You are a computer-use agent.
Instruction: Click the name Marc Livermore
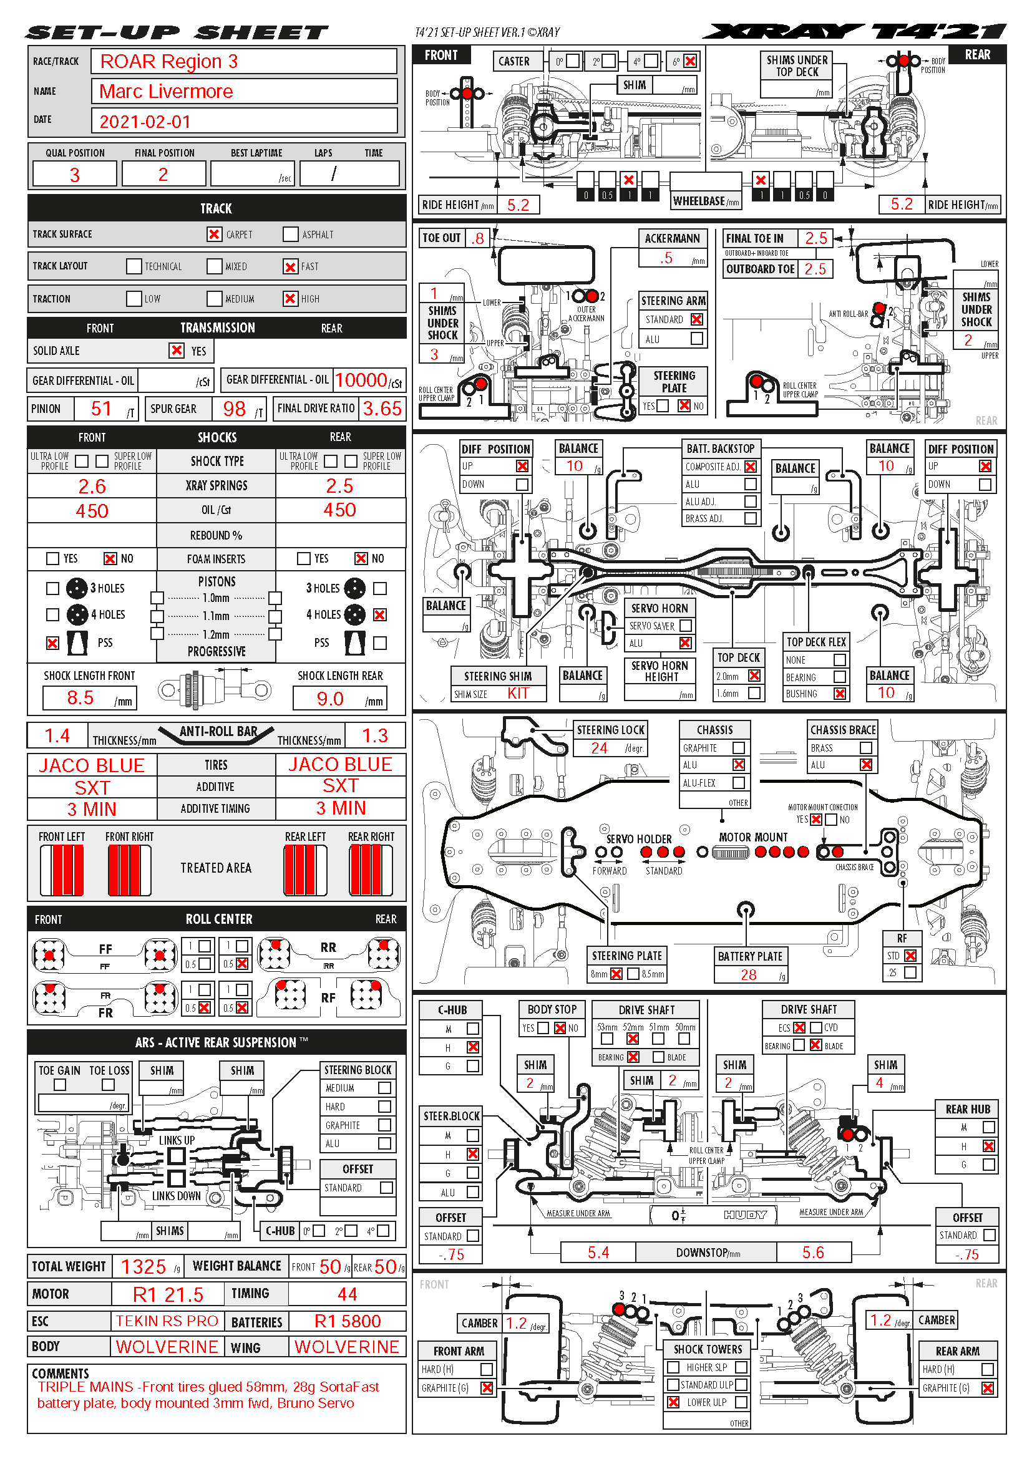click(x=166, y=92)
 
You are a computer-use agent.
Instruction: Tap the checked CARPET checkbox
click(x=214, y=235)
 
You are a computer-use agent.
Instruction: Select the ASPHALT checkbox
click(x=290, y=235)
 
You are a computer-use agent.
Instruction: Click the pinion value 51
click(x=101, y=409)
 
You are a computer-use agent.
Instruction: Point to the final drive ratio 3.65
click(x=382, y=409)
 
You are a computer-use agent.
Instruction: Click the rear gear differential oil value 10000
click(x=361, y=380)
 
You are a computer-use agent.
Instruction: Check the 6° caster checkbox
click(x=690, y=61)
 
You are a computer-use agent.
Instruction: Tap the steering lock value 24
click(x=598, y=748)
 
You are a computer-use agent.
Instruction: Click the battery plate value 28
click(x=749, y=975)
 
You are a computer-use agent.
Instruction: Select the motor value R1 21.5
click(x=168, y=1294)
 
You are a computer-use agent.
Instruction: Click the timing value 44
click(x=347, y=1294)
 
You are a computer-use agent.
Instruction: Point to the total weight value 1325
click(x=143, y=1266)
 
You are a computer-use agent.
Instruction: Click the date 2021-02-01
click(x=145, y=122)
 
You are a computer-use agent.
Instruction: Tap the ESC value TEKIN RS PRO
click(x=167, y=1321)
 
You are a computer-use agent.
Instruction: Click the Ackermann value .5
click(x=665, y=258)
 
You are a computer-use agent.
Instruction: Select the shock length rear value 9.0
click(x=330, y=699)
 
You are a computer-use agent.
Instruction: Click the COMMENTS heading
click(x=61, y=1373)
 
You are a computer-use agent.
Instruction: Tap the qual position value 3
click(x=74, y=175)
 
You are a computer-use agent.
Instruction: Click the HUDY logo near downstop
click(x=745, y=1215)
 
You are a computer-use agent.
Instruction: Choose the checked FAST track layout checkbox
click(x=290, y=266)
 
